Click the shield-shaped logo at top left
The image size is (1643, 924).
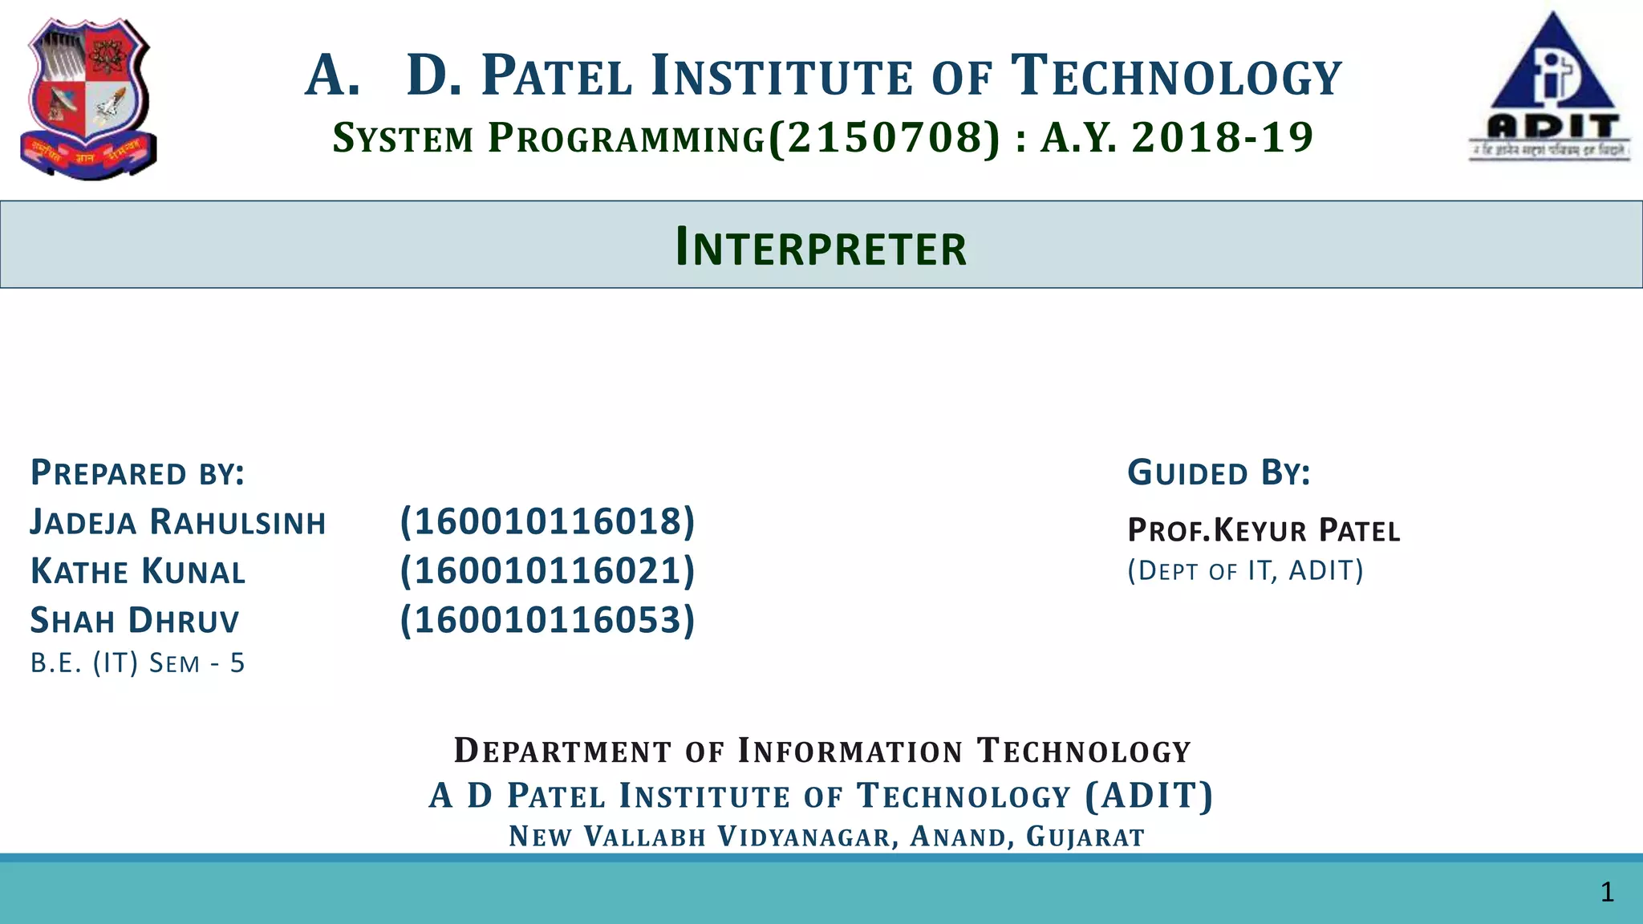tap(88, 98)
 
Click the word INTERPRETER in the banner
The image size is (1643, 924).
tap(821, 247)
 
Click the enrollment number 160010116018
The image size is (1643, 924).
tap(547, 521)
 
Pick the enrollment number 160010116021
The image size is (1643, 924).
tap(547, 570)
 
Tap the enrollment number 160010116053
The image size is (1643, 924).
tap(547, 620)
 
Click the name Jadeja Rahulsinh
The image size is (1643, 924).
tap(178, 522)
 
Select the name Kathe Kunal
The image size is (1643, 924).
tap(138, 572)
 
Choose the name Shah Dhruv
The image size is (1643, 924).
tap(135, 621)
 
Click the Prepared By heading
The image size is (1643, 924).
tap(137, 473)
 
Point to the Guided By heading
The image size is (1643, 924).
tap(1219, 473)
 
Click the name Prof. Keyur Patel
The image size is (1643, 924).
tap(1264, 530)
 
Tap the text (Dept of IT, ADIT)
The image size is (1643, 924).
tap(1245, 571)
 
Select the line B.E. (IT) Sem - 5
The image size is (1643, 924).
tap(137, 663)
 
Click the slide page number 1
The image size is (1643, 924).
tap(1607, 892)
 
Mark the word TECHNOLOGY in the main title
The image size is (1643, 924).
tap(1175, 76)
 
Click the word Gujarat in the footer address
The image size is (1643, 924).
tap(1085, 837)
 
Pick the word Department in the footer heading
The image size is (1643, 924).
tap(562, 751)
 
